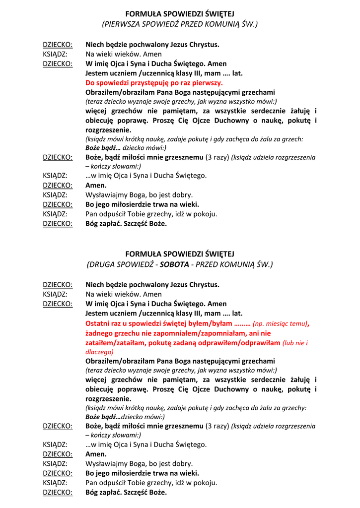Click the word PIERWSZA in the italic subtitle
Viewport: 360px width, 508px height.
[122, 23]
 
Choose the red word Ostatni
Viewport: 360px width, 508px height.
[98, 323]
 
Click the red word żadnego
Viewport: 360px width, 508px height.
[100, 333]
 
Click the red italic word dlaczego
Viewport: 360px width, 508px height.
[99, 352]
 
